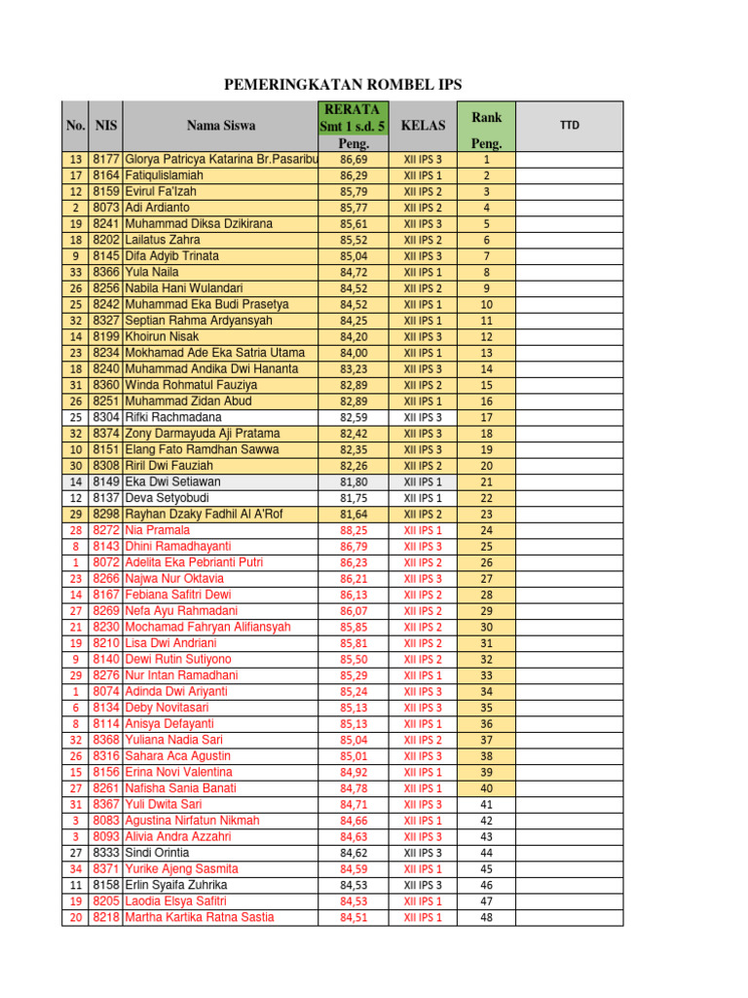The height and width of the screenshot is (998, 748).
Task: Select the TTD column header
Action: [568, 126]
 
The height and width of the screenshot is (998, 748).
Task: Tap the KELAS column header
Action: [423, 126]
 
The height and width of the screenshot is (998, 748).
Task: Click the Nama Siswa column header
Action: [221, 126]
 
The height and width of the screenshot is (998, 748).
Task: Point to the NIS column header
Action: [105, 126]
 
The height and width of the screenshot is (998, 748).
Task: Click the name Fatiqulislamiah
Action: [165, 175]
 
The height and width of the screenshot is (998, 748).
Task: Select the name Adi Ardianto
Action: [158, 208]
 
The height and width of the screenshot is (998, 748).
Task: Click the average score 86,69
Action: [354, 160]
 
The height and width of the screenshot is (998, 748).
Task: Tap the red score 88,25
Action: [354, 531]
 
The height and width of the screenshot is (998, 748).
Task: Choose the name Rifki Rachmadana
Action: [173, 417]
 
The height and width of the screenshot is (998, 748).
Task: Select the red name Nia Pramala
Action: [158, 530]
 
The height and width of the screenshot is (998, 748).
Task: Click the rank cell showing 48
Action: [486, 917]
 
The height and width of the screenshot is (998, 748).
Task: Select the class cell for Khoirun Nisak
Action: [423, 337]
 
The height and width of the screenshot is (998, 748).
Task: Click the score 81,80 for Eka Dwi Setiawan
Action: [354, 482]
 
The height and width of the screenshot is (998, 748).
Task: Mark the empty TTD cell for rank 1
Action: [568, 160]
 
